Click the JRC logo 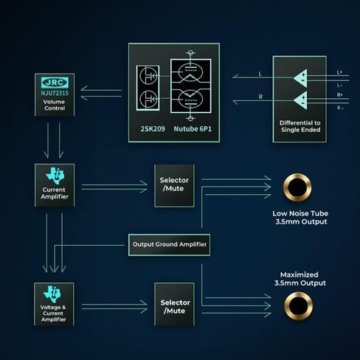click(x=55, y=82)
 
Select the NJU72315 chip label click(x=55, y=93)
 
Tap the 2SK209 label click(x=153, y=128)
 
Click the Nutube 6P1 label click(x=193, y=128)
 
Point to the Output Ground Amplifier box click(x=169, y=245)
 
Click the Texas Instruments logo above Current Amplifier click(x=55, y=176)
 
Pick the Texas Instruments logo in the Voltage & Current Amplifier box click(x=52, y=294)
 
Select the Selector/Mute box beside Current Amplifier click(x=174, y=185)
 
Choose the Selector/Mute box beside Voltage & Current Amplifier click(x=174, y=305)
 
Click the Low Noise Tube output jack click(x=297, y=187)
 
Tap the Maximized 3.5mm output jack click(x=299, y=305)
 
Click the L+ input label click(x=339, y=72)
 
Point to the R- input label click(x=340, y=108)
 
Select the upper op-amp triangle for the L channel click(x=300, y=78)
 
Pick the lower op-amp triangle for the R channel click(x=300, y=100)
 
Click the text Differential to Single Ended click(x=300, y=126)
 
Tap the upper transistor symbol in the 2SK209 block click(x=148, y=76)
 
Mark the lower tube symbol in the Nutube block click(x=190, y=98)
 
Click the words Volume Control click(x=55, y=105)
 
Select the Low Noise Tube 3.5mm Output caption click(x=300, y=218)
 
